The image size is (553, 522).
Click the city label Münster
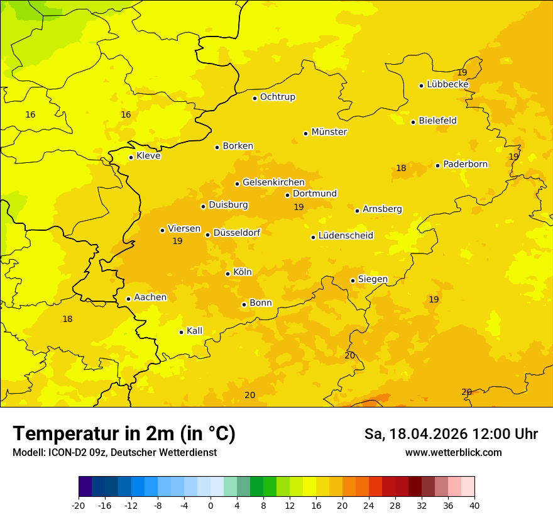pos(329,132)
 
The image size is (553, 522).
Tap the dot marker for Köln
pos(227,274)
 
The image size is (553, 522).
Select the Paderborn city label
pos(465,164)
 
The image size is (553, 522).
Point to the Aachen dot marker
pos(128,299)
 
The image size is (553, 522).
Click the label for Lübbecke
pos(447,84)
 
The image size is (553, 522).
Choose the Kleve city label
pos(148,156)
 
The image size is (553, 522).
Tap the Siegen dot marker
pos(353,280)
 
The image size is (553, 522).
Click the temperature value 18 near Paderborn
pos(401,168)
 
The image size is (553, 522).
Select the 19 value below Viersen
pos(177,241)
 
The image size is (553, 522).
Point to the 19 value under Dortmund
pos(298,207)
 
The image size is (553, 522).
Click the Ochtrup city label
pos(277,97)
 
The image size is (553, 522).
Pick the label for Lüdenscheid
pos(346,236)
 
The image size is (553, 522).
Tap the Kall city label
pos(194,331)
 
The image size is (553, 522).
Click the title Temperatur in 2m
pos(124,433)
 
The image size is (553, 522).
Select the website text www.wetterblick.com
pos(453,453)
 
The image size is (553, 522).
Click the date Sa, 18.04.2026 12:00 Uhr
pos(451,434)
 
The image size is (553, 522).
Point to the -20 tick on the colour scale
pos(79,506)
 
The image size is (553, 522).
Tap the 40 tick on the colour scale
pos(474,506)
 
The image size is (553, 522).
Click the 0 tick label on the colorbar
pos(211,506)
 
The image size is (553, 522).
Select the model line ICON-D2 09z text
pos(114,453)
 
